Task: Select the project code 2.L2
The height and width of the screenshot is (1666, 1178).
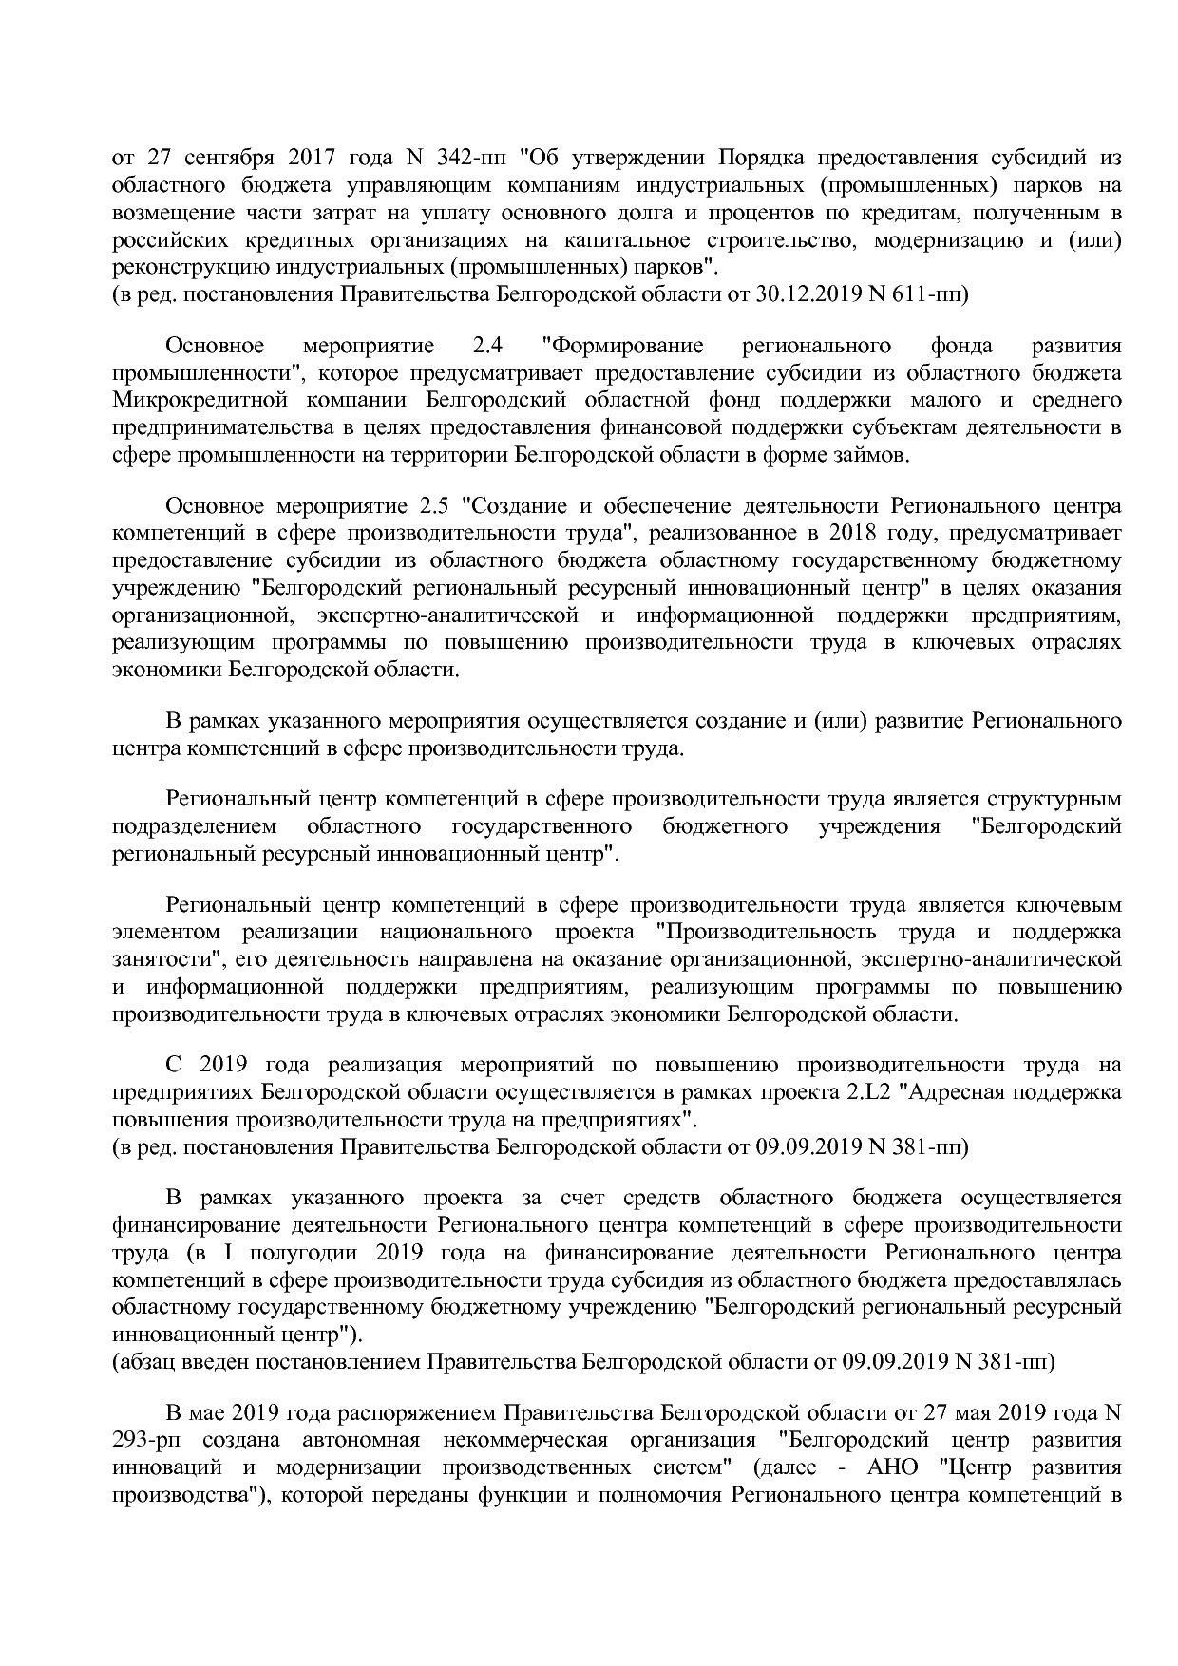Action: (870, 1092)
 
